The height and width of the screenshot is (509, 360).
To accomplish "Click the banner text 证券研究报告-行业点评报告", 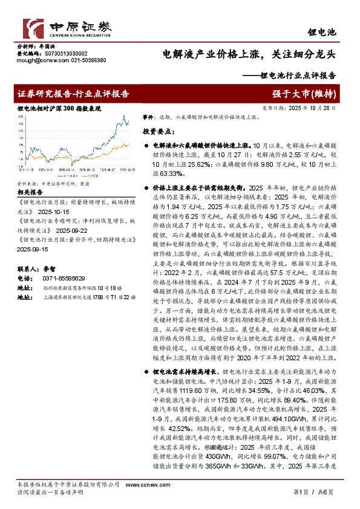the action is pyautogui.click(x=73, y=94).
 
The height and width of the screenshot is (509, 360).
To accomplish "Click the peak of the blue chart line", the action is pyautogui.click(x=124, y=115).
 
